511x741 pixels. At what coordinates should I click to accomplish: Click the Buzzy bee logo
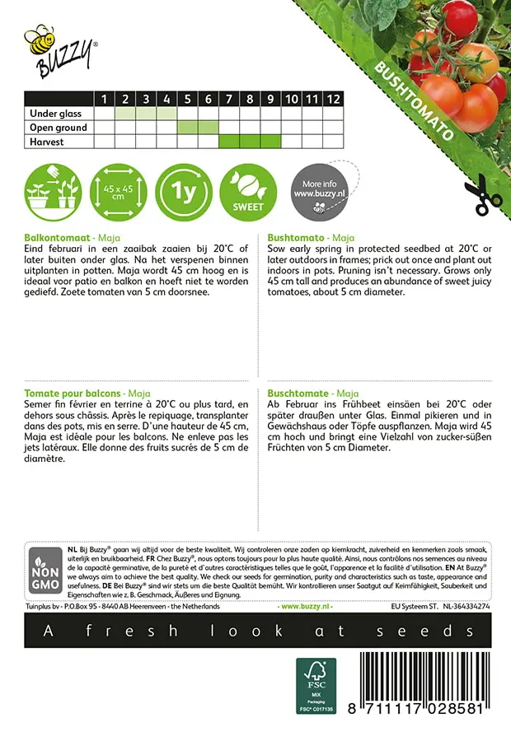coord(59,47)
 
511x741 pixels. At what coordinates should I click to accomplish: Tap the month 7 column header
coord(228,99)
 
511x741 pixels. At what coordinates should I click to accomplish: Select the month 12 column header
coord(332,99)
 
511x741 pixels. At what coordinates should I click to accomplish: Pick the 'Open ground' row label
coord(57,128)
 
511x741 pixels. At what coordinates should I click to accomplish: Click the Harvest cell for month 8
coord(250,142)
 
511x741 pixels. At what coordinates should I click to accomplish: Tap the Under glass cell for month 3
coord(146,114)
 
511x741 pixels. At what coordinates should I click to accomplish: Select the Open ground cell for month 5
coord(187,128)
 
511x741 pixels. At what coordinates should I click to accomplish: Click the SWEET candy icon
coord(248,192)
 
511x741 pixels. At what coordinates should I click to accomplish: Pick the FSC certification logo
coord(316,685)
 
